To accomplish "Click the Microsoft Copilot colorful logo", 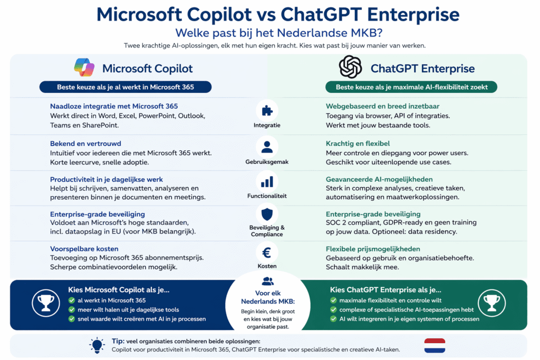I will tap(84, 67).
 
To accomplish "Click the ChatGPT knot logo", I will tap(350, 67).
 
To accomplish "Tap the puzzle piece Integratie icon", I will tap(267, 111).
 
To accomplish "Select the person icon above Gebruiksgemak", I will tap(267, 147).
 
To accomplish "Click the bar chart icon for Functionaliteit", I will tap(267, 182).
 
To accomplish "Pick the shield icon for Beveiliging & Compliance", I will tap(267, 214).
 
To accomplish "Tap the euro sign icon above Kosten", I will tap(267, 252).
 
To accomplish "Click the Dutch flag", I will tap(435, 345).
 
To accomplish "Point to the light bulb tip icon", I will tap(97, 345).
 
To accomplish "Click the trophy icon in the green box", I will tap(491, 304).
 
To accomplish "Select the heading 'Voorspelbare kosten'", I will tap(84, 249).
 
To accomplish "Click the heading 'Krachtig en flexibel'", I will tap(358, 143).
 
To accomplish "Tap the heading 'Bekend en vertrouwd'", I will tap(85, 143).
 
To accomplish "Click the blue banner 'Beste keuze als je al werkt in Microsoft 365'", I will tap(126, 87).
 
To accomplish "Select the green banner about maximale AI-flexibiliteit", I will tap(411, 87).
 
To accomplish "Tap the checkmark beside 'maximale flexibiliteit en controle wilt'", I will tap(333, 300).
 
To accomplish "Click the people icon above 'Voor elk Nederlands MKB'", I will tap(268, 281).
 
